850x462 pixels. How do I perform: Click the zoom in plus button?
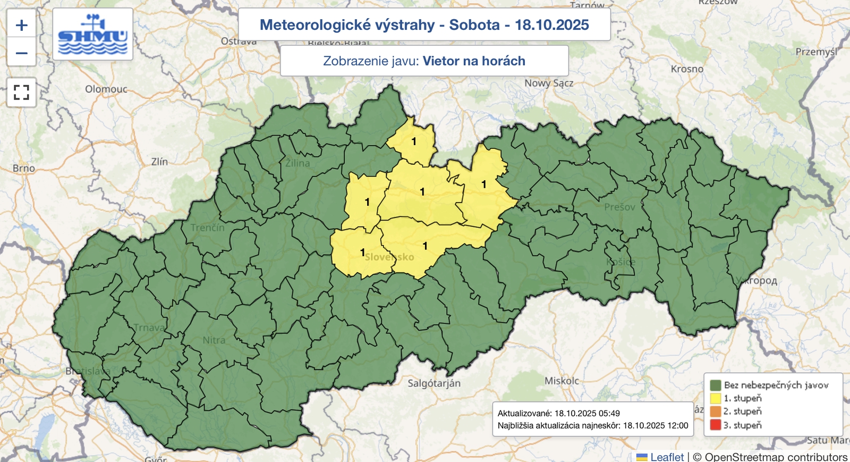(21, 25)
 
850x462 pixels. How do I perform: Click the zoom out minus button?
(21, 53)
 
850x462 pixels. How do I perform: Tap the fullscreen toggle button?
(21, 93)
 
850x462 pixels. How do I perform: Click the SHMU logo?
(93, 35)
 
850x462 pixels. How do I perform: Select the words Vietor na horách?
(474, 61)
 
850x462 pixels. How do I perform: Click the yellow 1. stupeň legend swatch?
(715, 398)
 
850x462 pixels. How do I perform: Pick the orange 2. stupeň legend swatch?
(715, 411)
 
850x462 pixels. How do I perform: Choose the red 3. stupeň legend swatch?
(715, 425)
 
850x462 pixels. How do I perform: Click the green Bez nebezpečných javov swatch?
(715, 385)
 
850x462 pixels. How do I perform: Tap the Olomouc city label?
(106, 89)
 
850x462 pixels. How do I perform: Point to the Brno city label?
(24, 169)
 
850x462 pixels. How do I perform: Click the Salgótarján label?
(434, 383)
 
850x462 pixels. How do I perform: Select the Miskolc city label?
(562, 381)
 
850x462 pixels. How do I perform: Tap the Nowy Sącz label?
(549, 83)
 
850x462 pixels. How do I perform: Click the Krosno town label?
(687, 69)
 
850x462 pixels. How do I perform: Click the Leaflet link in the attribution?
(667, 457)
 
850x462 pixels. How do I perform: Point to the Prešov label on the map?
(619, 207)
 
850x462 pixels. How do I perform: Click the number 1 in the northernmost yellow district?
(414, 141)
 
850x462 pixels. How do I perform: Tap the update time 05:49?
(609, 413)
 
